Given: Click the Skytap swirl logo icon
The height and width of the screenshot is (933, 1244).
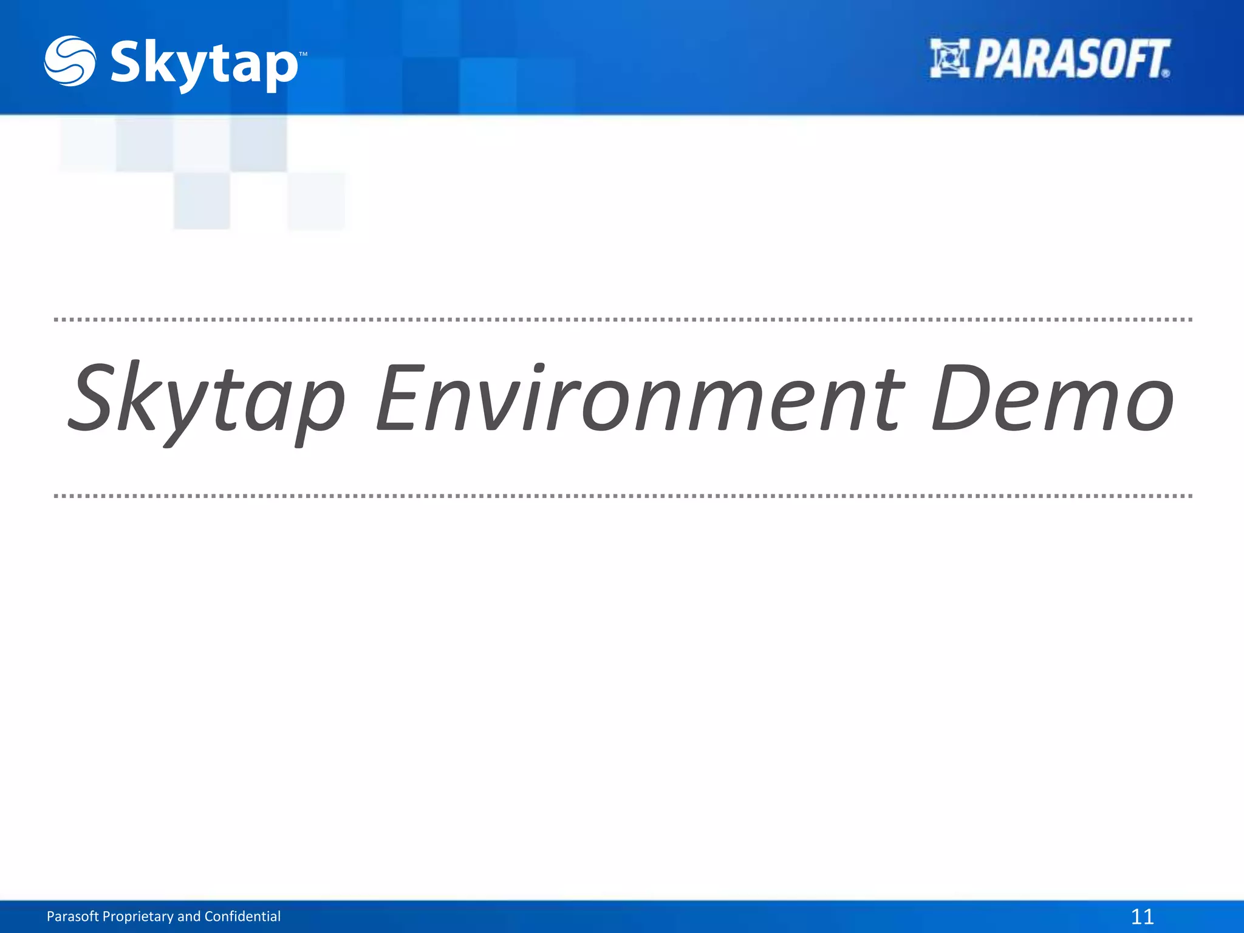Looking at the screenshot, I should (x=69, y=61).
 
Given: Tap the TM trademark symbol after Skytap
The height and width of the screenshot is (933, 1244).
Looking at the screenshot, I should (x=303, y=55).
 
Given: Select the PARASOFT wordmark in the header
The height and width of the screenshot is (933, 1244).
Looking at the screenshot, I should (x=1071, y=59).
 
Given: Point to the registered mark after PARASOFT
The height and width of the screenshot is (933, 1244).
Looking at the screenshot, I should (x=1165, y=73).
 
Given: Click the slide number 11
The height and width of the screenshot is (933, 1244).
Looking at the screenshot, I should (x=1142, y=916).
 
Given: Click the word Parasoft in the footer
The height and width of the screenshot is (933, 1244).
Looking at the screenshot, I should (x=72, y=916).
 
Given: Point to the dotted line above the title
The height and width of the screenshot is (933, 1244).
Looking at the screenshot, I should (x=622, y=319).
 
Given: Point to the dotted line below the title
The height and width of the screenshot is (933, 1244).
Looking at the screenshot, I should (x=622, y=496).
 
